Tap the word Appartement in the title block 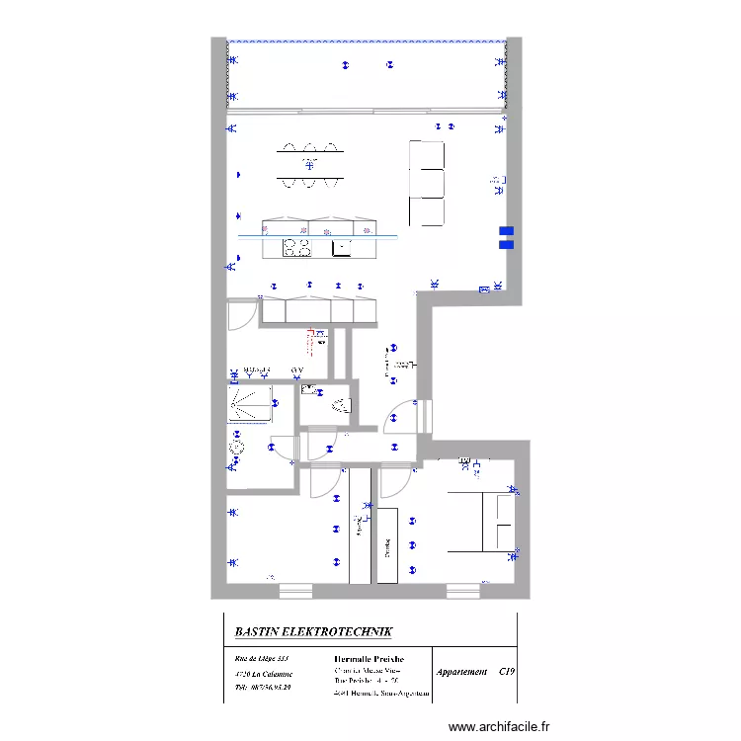tap(462, 672)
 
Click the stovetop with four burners tap(298, 247)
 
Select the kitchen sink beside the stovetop tap(342, 247)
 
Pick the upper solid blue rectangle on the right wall tap(506, 231)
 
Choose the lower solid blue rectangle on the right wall tap(506, 244)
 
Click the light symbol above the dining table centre tap(310, 163)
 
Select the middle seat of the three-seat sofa tap(427, 183)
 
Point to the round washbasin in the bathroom tap(237, 447)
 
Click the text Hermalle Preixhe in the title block tap(370, 658)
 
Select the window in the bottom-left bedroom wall tap(295, 591)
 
